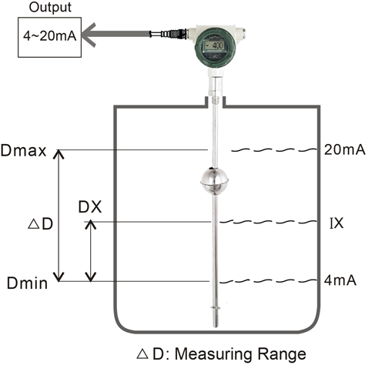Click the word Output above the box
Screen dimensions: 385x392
(50, 8)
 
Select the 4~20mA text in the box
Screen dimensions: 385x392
(50, 35)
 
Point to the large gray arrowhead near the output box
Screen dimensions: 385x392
(89, 35)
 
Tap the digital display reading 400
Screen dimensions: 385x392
(215, 45)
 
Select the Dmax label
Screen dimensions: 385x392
(23, 151)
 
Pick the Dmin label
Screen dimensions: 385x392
(27, 283)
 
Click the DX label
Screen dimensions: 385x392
(90, 207)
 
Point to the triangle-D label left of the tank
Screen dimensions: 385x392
(40, 223)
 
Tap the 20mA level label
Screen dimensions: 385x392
(344, 149)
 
